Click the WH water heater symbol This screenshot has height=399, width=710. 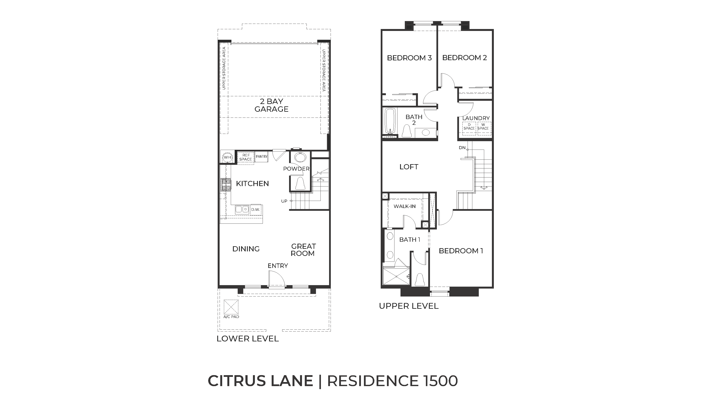coord(227,157)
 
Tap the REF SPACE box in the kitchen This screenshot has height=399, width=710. coord(246,157)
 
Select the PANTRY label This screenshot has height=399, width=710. coord(261,156)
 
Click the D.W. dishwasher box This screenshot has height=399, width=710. coord(256,209)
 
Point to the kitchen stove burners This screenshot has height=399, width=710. coord(226,185)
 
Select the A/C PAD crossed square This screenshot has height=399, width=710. coord(231,307)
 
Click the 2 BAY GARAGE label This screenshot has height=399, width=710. coord(271,105)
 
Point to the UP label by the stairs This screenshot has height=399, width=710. coord(284,201)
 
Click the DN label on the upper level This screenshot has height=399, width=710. coord(462,148)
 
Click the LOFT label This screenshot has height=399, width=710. coord(409,167)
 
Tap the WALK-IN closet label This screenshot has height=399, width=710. coord(404,206)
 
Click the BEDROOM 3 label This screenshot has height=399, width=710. coord(409,58)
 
